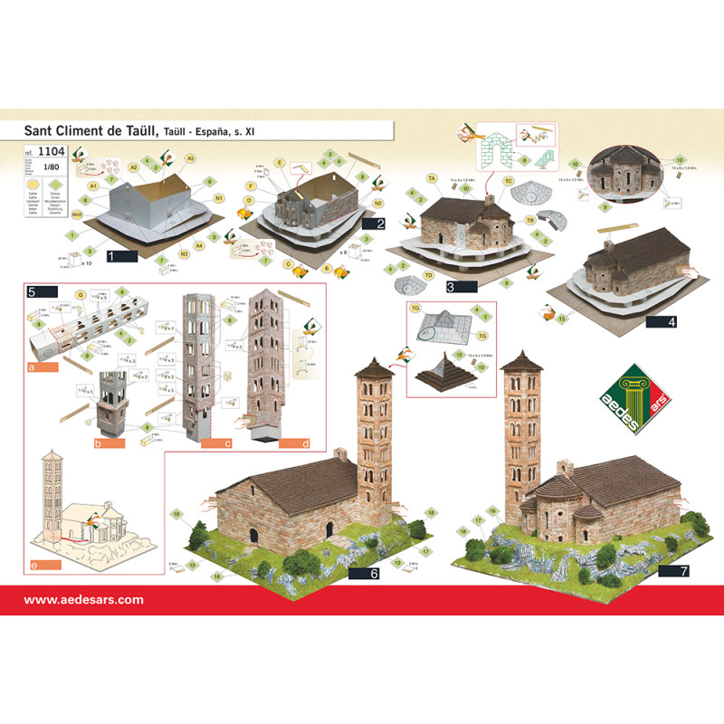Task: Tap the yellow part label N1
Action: pos(219,199)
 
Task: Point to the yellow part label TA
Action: pos(433,179)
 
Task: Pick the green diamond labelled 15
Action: pos(561,319)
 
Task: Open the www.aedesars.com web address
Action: pos(83,599)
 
